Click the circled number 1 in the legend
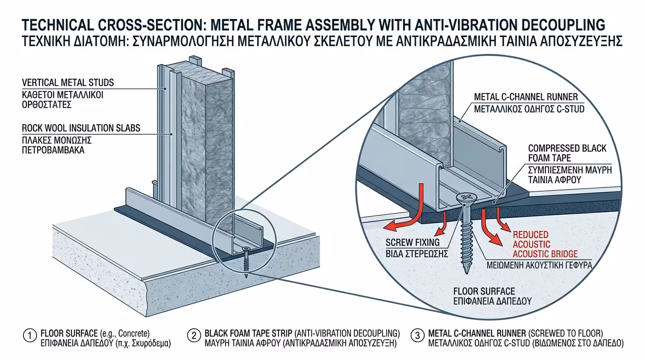tap(30, 336)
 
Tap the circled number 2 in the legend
tap(194, 336)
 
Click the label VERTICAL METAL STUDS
tap(68, 83)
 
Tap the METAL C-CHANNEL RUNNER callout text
tap(526, 97)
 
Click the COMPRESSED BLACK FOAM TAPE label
tap(567, 153)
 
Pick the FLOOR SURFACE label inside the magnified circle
tap(484, 291)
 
